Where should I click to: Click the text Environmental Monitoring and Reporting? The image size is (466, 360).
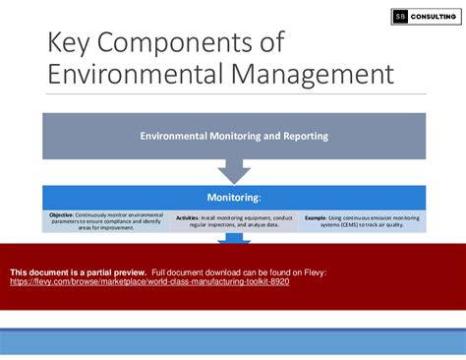click(233, 136)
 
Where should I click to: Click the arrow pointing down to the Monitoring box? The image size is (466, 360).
click(233, 171)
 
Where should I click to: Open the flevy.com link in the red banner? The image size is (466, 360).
click(149, 281)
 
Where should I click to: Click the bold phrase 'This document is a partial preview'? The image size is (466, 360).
click(78, 271)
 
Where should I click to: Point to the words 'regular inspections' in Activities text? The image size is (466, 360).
click(204, 221)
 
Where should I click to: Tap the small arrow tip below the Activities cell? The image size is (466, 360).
click(233, 237)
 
